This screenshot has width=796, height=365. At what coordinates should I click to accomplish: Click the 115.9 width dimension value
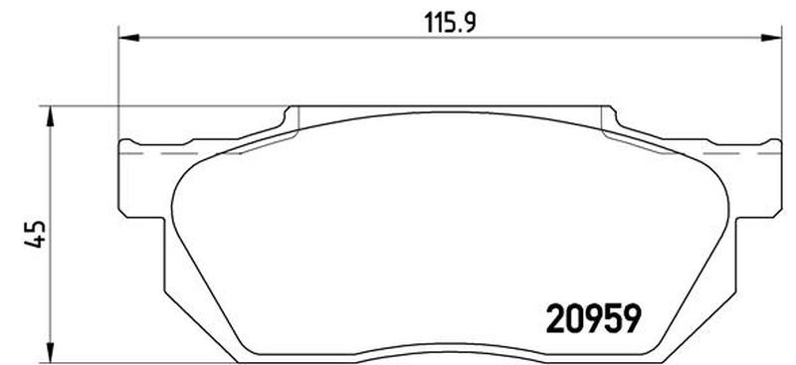pyautogui.click(x=450, y=22)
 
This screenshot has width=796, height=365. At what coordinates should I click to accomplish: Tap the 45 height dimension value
pyautogui.click(x=36, y=234)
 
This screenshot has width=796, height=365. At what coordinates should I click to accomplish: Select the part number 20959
pyautogui.click(x=591, y=319)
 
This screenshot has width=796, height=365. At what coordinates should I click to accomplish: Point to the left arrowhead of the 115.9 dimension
pyautogui.click(x=128, y=37)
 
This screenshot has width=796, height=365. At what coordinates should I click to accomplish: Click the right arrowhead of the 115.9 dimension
pyautogui.click(x=771, y=37)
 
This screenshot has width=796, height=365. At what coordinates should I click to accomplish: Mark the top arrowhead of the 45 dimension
pyautogui.click(x=50, y=116)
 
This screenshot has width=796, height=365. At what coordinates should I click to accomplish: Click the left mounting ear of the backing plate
pyautogui.click(x=142, y=179)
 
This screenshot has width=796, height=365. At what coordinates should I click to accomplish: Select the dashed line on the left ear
pyautogui.click(x=180, y=153)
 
